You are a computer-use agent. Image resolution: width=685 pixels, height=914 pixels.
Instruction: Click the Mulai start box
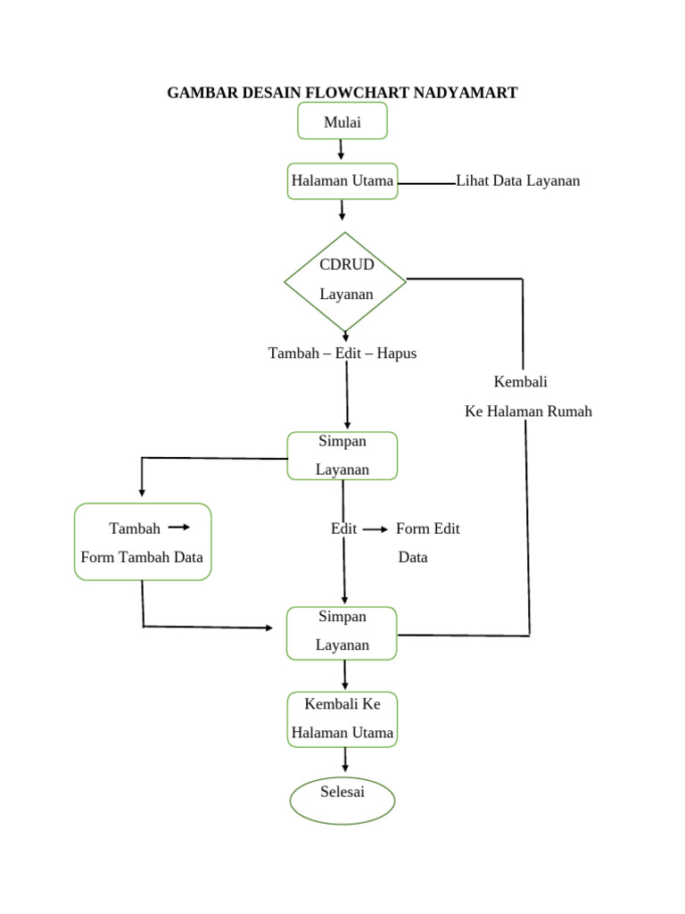[x=342, y=121]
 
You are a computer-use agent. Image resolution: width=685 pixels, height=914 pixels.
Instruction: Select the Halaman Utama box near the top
[x=342, y=181]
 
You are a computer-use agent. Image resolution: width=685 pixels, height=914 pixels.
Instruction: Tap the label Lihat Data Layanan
[x=517, y=181]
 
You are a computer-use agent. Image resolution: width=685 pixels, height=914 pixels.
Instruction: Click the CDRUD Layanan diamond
[x=345, y=280]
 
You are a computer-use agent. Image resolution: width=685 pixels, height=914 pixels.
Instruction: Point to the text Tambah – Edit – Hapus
[x=342, y=353]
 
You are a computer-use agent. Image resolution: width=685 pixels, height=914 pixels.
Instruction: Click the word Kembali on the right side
[x=520, y=382]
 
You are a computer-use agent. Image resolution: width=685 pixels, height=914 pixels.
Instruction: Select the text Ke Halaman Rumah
[x=528, y=411]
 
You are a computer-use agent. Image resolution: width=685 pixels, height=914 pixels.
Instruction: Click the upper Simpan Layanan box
[x=342, y=455]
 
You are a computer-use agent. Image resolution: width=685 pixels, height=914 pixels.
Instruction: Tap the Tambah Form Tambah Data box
[x=143, y=542]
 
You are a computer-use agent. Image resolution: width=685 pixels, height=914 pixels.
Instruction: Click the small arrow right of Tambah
[x=178, y=528]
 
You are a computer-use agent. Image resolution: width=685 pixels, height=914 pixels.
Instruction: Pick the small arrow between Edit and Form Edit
[x=376, y=529]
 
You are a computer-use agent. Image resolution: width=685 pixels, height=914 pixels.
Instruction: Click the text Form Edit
[x=427, y=528]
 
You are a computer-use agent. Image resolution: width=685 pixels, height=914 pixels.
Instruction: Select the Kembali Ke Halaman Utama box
[x=342, y=719]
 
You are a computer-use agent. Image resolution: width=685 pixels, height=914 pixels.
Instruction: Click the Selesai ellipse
[x=342, y=800]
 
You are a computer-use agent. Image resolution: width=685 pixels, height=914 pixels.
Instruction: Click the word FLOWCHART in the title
[x=351, y=93]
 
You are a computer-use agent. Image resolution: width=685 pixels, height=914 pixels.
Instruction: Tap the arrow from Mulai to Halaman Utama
[x=341, y=151]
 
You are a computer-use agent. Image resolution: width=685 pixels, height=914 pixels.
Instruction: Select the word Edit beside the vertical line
[x=343, y=528]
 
